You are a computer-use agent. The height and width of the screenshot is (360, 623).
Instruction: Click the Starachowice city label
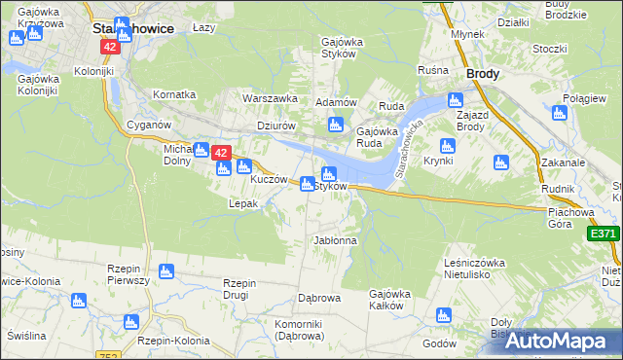[x=133, y=28]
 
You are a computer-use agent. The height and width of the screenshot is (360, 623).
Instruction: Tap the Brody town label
[x=483, y=73]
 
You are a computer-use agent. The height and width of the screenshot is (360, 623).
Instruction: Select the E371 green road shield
[x=604, y=234]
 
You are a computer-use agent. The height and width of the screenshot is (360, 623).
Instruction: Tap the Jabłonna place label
[x=335, y=239]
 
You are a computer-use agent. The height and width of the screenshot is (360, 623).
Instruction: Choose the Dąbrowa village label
[x=317, y=298]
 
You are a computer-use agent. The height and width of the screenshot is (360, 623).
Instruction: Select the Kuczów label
[x=270, y=180]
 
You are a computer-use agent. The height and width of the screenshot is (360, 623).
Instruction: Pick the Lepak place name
[x=242, y=203]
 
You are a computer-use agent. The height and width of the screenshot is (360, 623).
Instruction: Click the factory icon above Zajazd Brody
[x=455, y=98]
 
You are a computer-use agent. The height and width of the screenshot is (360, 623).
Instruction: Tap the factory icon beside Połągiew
[x=559, y=112]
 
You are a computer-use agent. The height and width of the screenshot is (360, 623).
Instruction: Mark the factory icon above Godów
[x=444, y=315]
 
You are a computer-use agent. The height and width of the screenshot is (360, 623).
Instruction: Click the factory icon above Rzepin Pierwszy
[x=165, y=270]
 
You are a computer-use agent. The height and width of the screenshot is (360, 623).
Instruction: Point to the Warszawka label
[x=270, y=98]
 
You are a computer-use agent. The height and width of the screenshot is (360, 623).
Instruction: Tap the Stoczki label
[x=550, y=49]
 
